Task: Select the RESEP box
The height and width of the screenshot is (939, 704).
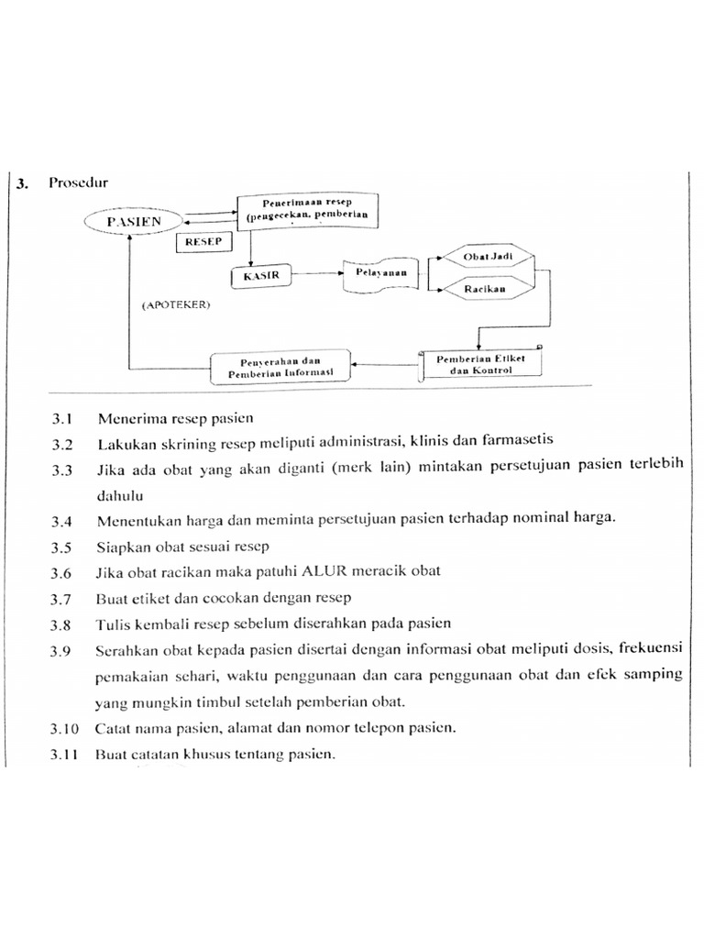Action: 203,243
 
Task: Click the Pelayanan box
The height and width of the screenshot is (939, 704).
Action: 376,274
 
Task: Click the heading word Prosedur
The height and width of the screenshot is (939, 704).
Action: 79,182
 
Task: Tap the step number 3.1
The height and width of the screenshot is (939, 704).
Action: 61,419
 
